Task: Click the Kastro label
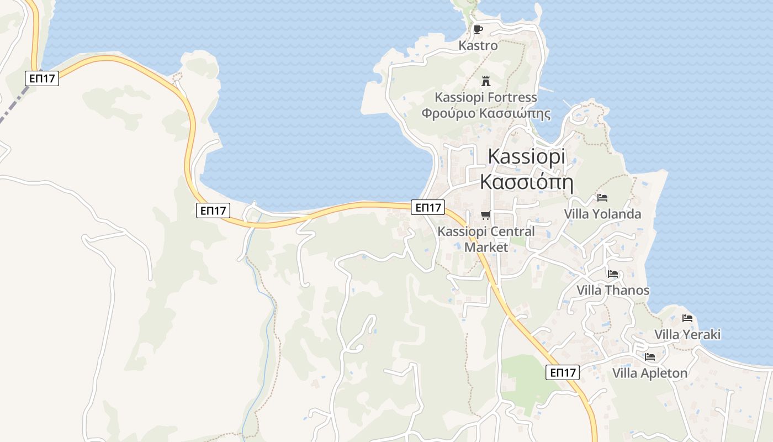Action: [478, 46]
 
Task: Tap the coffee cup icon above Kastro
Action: [478, 29]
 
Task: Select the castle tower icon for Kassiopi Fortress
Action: [486, 81]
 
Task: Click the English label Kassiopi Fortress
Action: [486, 98]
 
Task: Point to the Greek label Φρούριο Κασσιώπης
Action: [486, 114]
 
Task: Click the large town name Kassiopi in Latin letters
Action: [527, 157]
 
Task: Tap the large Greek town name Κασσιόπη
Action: [527, 182]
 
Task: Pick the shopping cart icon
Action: [486, 215]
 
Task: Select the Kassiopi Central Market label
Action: [486, 239]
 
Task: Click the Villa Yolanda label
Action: [602, 214]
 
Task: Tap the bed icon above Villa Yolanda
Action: [602, 197]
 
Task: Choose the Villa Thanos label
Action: [613, 291]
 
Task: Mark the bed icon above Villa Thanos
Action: [613, 273]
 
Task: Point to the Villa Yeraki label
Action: [687, 335]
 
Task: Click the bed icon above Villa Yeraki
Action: [687, 318]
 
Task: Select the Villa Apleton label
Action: [650, 373]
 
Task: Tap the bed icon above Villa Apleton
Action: [650, 357]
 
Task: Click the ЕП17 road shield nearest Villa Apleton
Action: [563, 372]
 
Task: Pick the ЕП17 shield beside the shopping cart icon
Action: [428, 207]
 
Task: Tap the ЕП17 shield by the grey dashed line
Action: [42, 78]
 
